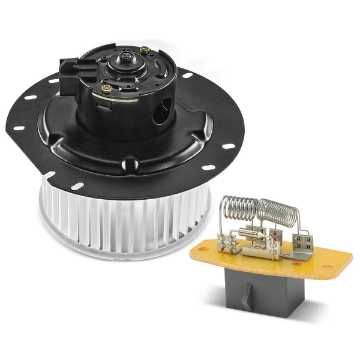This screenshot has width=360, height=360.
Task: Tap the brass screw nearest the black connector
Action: [107, 88]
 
